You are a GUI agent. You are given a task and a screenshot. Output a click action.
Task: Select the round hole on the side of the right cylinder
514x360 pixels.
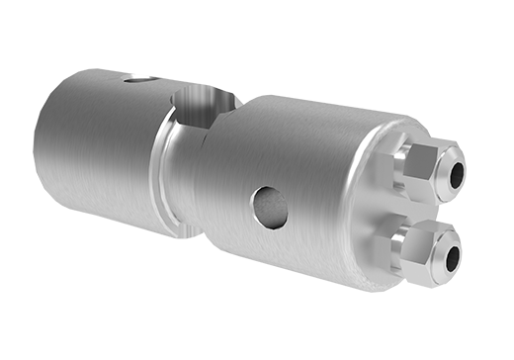pos(268,206)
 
